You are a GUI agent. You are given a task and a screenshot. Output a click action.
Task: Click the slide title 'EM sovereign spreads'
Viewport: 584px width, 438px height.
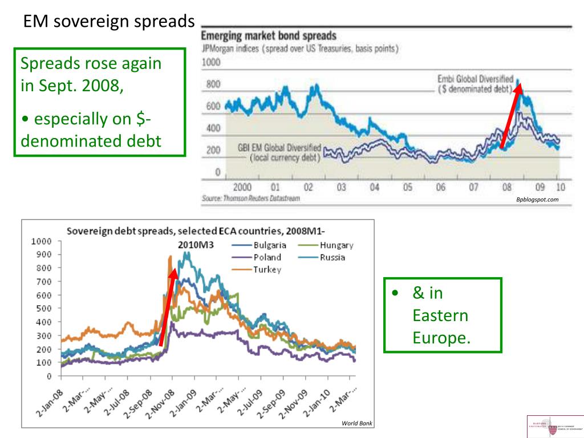pos(108,22)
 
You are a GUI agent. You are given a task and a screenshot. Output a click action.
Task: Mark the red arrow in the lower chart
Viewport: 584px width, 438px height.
pos(168,308)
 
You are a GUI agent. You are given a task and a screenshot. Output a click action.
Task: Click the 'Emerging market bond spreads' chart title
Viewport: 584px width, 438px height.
pos(269,36)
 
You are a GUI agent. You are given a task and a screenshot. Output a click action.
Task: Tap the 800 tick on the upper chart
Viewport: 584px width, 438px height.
pos(213,84)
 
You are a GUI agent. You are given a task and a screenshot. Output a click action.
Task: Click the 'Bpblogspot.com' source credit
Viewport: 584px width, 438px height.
pos(537,200)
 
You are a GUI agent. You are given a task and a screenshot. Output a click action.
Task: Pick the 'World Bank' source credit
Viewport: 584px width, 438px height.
pos(356,423)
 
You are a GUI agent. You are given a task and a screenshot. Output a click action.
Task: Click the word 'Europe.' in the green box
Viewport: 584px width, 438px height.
pos(441,338)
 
